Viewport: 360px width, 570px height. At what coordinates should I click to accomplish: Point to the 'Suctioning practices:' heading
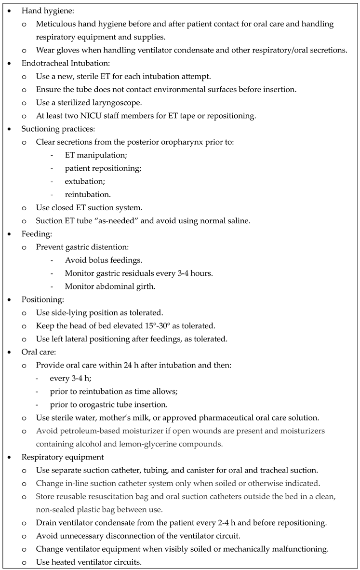(x=57, y=129)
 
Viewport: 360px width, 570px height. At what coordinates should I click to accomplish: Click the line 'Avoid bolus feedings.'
(x=103, y=260)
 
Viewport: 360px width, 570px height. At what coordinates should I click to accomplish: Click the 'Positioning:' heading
(x=43, y=299)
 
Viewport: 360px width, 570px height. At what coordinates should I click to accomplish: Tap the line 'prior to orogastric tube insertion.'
(x=108, y=404)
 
